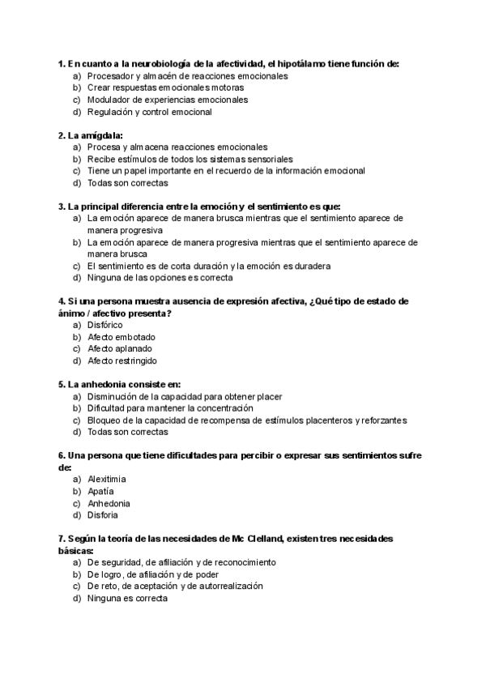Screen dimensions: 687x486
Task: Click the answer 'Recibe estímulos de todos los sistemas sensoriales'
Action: pyautogui.click(x=190, y=160)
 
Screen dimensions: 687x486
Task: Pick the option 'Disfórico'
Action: pyautogui.click(x=105, y=325)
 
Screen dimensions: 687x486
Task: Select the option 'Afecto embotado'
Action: pyautogui.click(x=121, y=337)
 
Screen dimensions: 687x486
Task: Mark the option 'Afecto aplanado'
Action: pyautogui.click(x=120, y=348)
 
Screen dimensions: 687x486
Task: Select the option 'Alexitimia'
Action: pyautogui.click(x=107, y=479)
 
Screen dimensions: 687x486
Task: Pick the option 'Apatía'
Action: pyautogui.click(x=100, y=491)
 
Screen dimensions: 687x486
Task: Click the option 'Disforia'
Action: pyautogui.click(x=103, y=514)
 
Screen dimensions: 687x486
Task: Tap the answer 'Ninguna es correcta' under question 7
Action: pyautogui.click(x=127, y=598)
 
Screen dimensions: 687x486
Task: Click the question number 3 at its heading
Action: pyautogui.click(x=62, y=207)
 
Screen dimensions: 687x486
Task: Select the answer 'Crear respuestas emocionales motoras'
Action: pyautogui.click(x=165, y=87)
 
